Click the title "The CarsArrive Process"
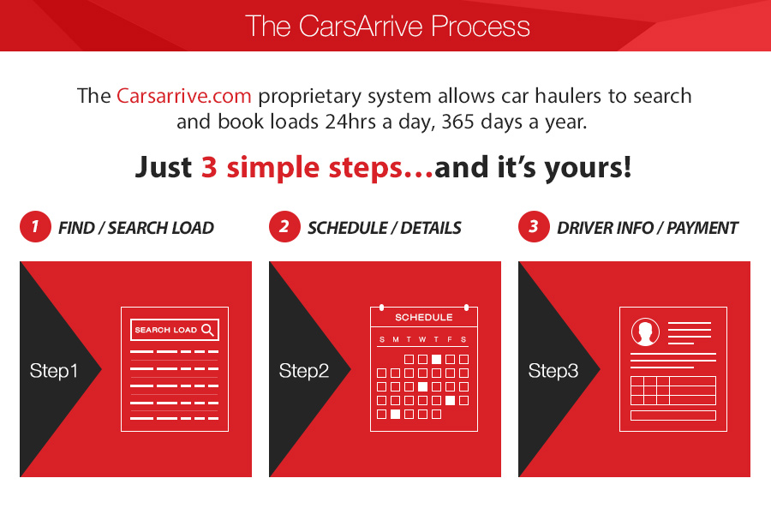tap(387, 26)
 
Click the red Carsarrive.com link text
tap(184, 95)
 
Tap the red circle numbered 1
tap(35, 226)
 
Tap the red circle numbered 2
tap(284, 226)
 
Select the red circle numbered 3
tap(534, 226)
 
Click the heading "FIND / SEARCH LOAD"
tap(136, 228)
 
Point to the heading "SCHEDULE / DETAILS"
tap(385, 228)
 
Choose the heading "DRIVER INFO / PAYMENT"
tap(648, 228)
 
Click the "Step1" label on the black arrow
tap(54, 371)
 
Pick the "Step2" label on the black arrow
tap(304, 371)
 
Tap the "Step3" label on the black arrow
tap(553, 371)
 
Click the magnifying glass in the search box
tap(208, 330)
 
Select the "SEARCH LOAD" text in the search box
tap(165, 330)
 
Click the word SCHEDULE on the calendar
tap(424, 317)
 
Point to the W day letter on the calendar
tap(422, 339)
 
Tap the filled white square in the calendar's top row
tap(436, 359)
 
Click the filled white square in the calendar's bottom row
tap(395, 414)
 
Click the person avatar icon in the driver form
tap(645, 332)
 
